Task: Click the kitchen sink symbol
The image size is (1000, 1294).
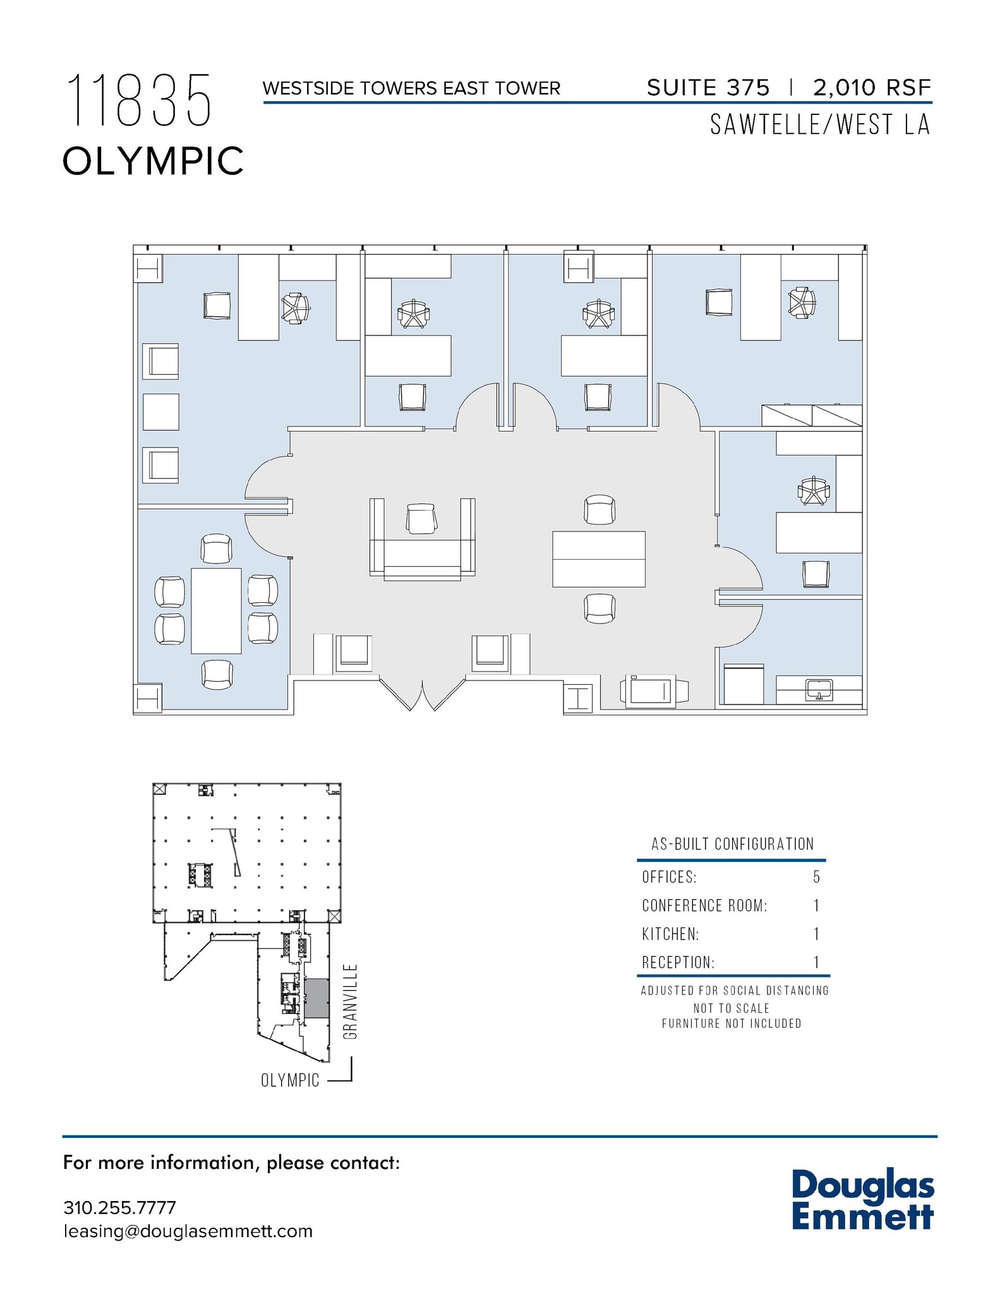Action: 819,689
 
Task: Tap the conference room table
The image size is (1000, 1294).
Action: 216,610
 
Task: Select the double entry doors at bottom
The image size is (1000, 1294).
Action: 422,694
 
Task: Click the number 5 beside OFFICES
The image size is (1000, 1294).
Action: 816,877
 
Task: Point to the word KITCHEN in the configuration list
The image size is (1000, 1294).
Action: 670,934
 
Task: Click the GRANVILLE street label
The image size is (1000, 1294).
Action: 351,1001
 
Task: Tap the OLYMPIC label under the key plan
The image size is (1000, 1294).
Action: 290,1080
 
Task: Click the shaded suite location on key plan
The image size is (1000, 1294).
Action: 316,998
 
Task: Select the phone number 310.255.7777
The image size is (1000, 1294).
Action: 119,1207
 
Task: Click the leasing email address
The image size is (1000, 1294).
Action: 188,1231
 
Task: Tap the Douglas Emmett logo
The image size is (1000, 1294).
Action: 862,1200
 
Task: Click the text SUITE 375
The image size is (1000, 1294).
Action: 708,88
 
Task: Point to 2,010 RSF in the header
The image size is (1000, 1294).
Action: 872,88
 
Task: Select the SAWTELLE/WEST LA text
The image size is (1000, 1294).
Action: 819,124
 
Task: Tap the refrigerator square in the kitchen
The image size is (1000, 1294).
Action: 744,684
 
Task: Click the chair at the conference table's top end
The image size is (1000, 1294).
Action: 216,548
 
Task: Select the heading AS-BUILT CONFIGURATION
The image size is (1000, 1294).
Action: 732,844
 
